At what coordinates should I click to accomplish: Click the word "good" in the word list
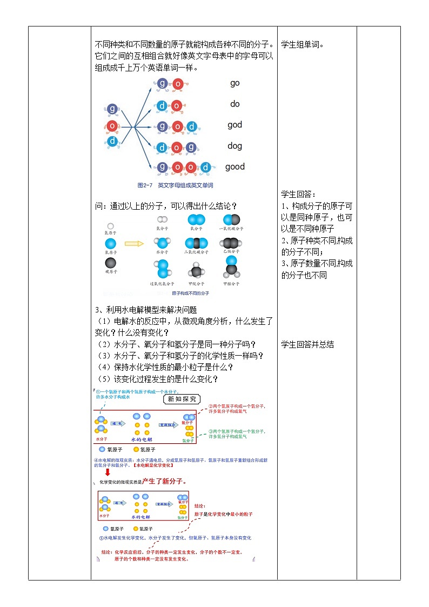click(235, 166)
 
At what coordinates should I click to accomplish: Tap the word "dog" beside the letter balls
click(234, 145)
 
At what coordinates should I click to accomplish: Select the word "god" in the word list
click(234, 125)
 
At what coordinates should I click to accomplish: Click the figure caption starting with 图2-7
click(175, 185)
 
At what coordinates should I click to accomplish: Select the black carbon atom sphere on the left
click(111, 263)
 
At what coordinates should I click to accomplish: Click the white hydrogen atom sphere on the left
click(111, 226)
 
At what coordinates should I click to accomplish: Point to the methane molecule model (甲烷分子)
click(196, 272)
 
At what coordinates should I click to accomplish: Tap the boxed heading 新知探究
click(182, 399)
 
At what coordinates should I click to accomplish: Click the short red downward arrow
click(108, 472)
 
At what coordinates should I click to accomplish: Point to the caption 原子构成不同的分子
click(190, 294)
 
